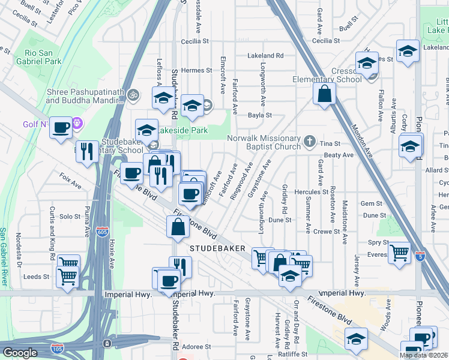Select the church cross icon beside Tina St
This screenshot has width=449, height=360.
click(x=310, y=142)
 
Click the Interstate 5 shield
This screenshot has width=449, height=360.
click(x=420, y=255)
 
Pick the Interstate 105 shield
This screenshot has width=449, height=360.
click(x=57, y=348)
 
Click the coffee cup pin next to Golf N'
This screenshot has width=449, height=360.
click(x=61, y=128)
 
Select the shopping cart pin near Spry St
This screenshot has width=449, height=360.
click(x=399, y=252)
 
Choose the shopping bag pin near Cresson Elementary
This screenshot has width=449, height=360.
click(x=324, y=94)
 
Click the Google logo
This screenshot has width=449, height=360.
click(x=20, y=353)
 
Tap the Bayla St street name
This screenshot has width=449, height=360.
click(x=261, y=115)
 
